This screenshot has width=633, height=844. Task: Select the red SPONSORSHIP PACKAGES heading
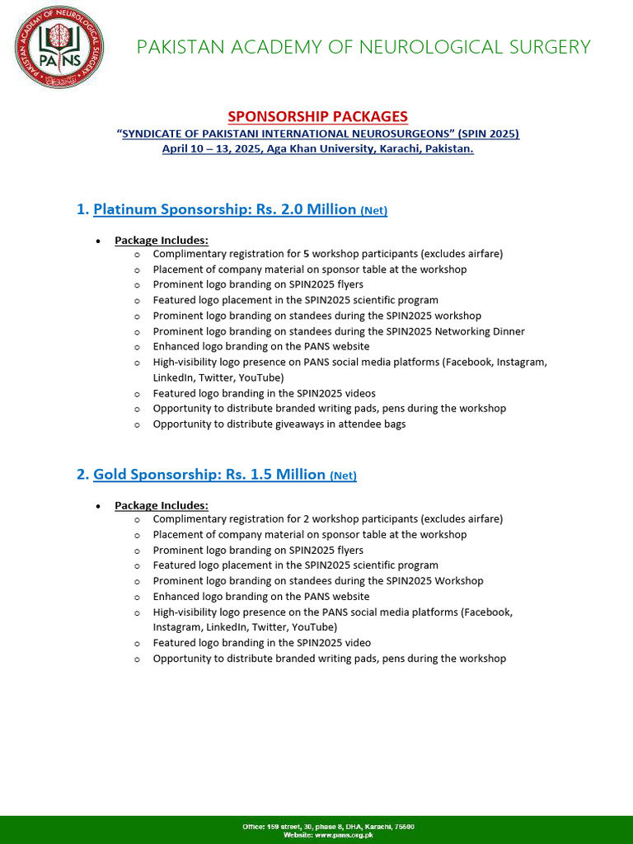coord(317,116)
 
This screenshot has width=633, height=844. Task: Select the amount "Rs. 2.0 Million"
coord(305,209)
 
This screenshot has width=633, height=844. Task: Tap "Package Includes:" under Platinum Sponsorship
coord(162,240)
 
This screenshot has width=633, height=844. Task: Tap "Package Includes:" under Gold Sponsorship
coord(162,505)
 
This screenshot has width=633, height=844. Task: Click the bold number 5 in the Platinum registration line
coord(306,254)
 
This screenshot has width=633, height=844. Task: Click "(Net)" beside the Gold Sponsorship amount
coord(343,476)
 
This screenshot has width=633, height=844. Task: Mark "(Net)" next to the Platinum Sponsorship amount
coord(374,210)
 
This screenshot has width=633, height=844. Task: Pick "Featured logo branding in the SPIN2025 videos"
coord(264,393)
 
